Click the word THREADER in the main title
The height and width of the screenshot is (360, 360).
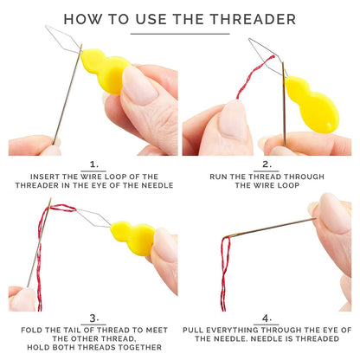(253, 19)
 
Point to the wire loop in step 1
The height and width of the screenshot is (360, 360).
(63, 40)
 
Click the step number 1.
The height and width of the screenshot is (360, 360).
(94, 164)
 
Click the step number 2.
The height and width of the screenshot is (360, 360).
(267, 164)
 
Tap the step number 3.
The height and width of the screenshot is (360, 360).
(94, 318)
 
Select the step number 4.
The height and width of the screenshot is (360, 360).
(267, 318)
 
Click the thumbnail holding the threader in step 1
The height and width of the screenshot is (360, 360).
(140, 85)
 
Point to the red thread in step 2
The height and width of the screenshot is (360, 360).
(254, 75)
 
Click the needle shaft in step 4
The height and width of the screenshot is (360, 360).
(270, 228)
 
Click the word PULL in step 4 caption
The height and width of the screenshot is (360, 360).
(193, 330)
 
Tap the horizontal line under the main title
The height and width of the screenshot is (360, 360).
(180, 34)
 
